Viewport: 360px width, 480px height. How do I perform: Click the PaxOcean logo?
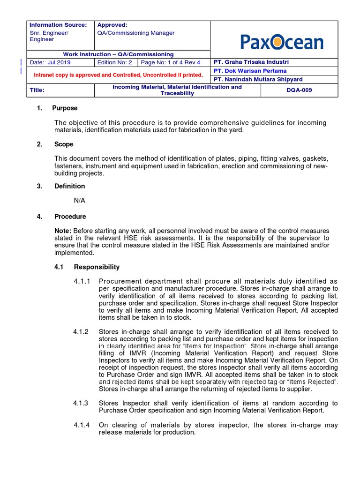pos(282,42)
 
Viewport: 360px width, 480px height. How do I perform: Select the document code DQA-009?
pos(299,90)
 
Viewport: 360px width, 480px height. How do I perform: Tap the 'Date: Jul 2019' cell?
pos(50,62)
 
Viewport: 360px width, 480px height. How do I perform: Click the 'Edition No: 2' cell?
pos(115,62)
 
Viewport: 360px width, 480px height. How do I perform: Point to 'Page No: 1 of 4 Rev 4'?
pos(171,62)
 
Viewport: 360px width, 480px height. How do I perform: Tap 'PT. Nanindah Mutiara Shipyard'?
pos(258,79)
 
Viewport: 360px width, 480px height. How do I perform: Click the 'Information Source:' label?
pos(58,25)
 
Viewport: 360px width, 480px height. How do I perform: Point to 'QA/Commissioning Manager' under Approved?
pos(136,33)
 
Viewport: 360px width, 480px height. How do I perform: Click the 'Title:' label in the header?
pos(37,90)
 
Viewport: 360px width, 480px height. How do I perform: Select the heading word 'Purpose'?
pos(65,108)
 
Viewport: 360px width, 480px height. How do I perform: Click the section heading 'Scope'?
pos(63,144)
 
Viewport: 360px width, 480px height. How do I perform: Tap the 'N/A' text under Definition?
pos(79,200)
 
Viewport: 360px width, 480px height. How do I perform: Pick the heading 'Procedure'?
pos(70,217)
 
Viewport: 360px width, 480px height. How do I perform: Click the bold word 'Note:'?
pos(63,231)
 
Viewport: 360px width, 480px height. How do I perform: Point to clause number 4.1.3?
pos(81,403)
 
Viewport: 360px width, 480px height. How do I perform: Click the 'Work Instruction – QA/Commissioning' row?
pos(118,54)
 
